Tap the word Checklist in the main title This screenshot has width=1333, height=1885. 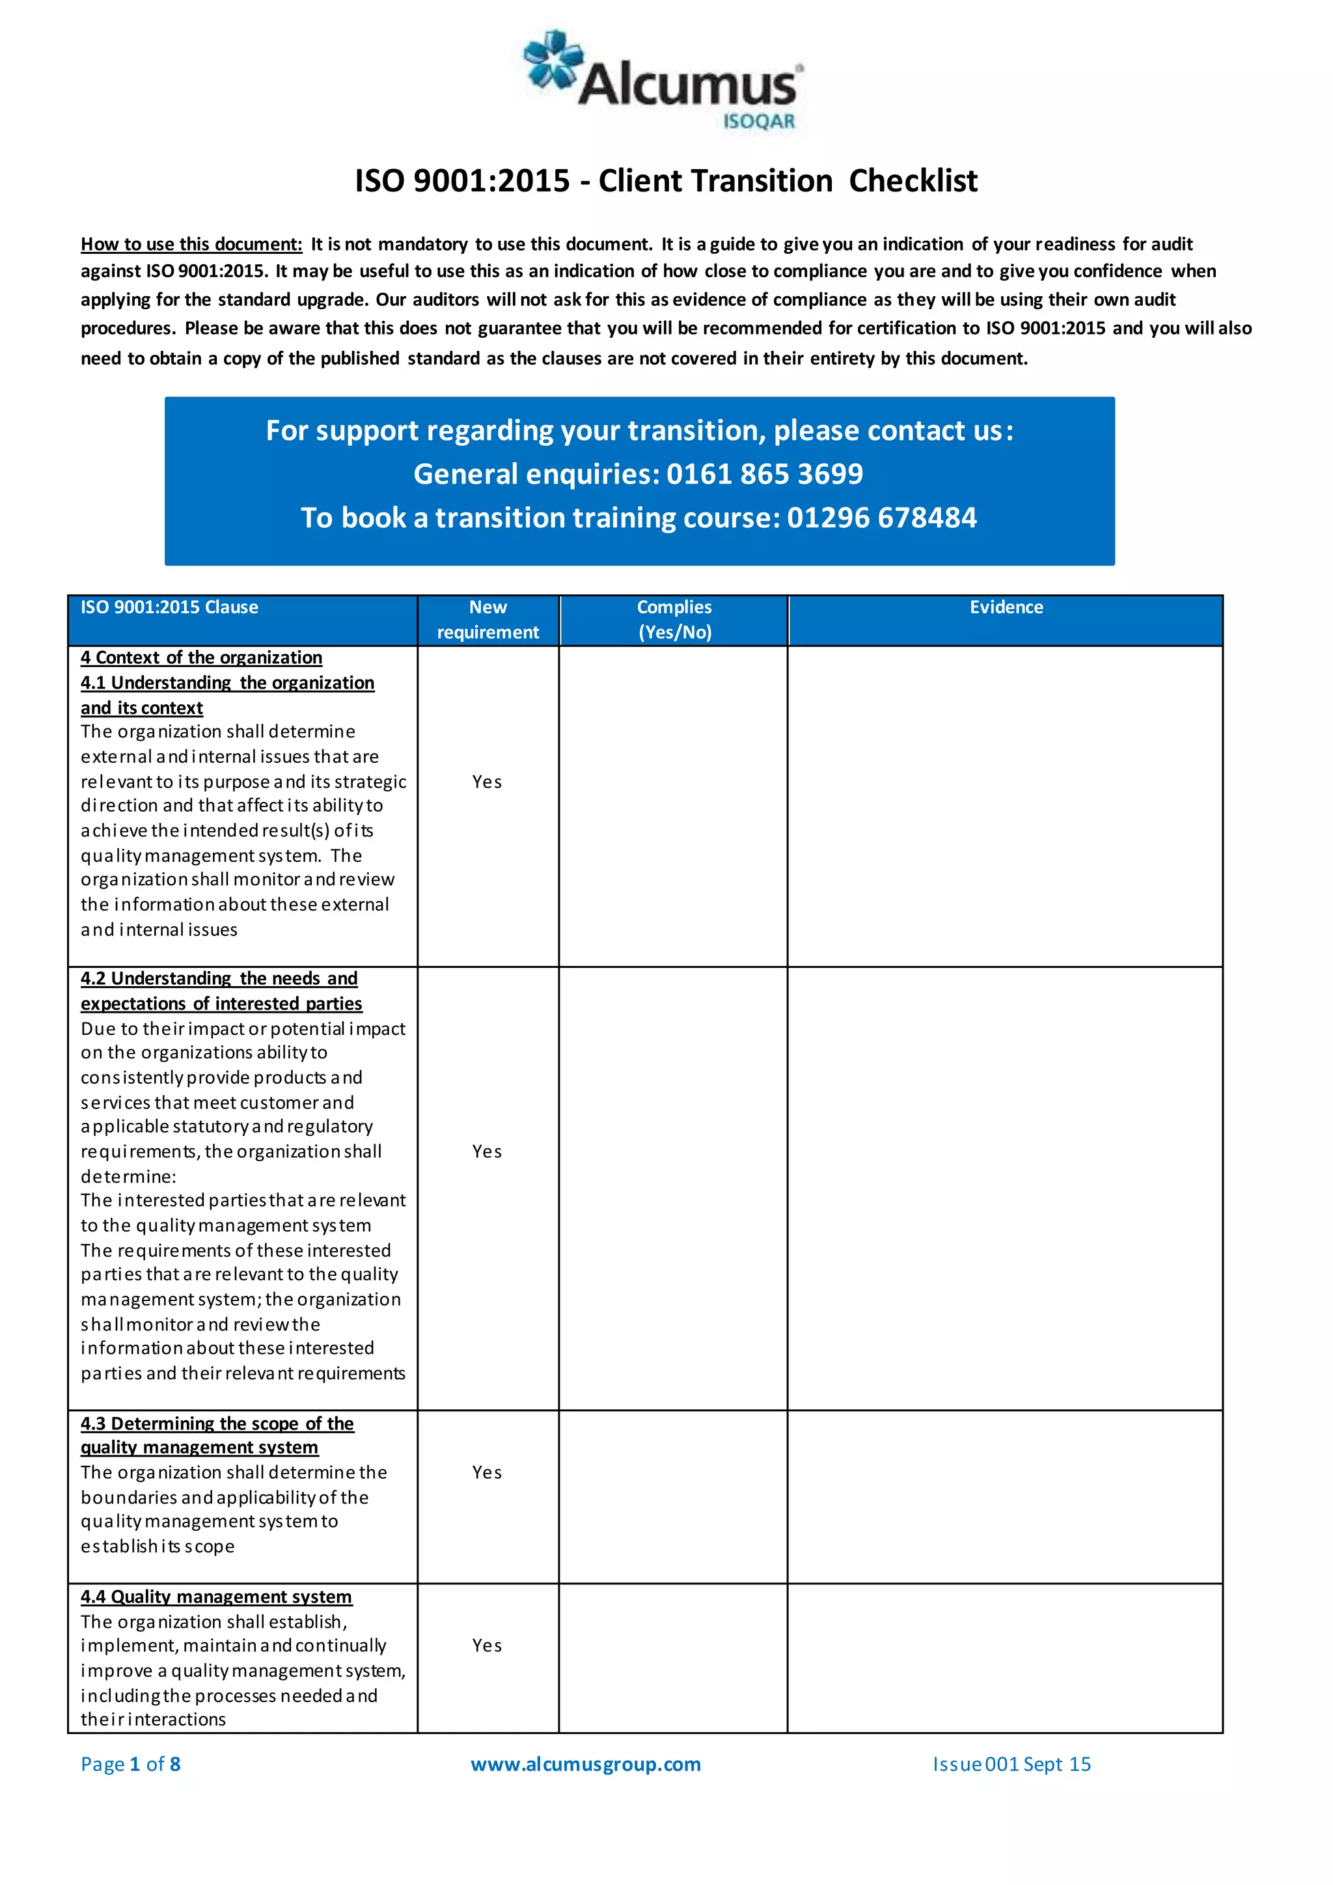click(x=913, y=180)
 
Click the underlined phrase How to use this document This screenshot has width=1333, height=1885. click(x=191, y=244)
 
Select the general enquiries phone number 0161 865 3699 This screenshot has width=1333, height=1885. click(x=764, y=474)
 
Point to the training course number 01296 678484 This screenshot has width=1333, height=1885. click(x=881, y=517)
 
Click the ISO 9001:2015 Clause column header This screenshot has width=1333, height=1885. click(x=169, y=607)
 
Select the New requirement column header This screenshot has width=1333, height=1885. click(x=488, y=620)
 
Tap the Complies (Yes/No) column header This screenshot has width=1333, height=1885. click(x=674, y=620)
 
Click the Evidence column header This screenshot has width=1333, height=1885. click(x=1006, y=607)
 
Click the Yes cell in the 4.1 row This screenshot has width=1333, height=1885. click(x=487, y=782)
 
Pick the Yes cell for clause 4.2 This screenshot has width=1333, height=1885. click(x=487, y=1151)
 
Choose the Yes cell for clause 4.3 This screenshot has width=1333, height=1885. click(x=487, y=1472)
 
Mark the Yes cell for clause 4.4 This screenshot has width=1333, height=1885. click(x=487, y=1645)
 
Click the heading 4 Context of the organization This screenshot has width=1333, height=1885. click(x=201, y=657)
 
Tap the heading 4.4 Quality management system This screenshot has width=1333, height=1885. click(x=216, y=1597)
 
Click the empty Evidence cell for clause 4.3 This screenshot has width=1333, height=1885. click(x=1005, y=1496)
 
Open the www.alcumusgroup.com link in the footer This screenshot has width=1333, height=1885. click(x=585, y=1765)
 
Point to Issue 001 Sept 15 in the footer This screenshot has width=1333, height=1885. click(x=1011, y=1765)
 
